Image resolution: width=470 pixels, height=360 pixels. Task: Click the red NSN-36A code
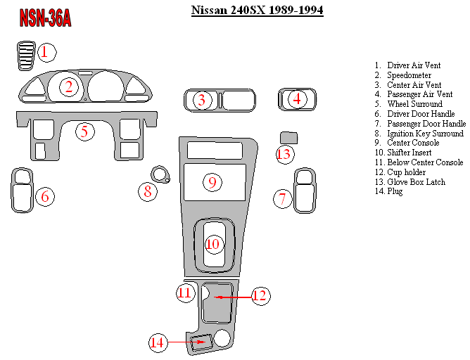[x=45, y=19]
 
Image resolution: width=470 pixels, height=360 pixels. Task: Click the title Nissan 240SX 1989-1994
[x=257, y=11]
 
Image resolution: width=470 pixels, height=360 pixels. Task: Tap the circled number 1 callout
[x=46, y=52]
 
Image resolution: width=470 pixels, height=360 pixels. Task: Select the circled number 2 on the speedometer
[x=68, y=87]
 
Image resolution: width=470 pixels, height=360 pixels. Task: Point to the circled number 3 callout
[x=202, y=100]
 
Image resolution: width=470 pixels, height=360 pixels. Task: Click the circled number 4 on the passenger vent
[x=297, y=99]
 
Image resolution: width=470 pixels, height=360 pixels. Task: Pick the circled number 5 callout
[x=84, y=131]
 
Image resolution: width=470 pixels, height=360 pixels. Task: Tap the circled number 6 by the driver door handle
[x=44, y=197]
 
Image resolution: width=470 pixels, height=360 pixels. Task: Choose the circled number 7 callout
[x=282, y=199]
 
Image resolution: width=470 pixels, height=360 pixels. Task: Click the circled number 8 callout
[x=147, y=191]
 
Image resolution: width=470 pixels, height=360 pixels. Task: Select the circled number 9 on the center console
[x=212, y=182]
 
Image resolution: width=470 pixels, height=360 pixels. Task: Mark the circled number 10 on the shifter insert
[x=212, y=245]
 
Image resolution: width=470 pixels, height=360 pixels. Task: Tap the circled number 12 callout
[x=260, y=296]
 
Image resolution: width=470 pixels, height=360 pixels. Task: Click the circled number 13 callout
[x=284, y=153]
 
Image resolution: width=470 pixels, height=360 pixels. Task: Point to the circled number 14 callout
[x=158, y=342]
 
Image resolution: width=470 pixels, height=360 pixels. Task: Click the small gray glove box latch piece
[x=288, y=136]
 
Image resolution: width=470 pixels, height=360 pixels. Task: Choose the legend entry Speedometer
[x=409, y=75]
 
